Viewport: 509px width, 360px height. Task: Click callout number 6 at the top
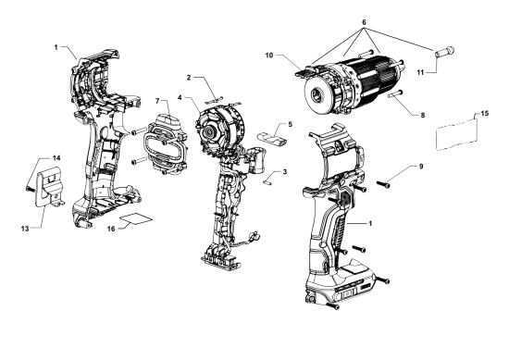click(364, 22)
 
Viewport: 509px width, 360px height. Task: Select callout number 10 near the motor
click(269, 56)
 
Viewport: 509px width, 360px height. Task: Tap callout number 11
click(420, 72)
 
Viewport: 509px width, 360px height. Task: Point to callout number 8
click(423, 115)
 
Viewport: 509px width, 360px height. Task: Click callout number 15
click(485, 113)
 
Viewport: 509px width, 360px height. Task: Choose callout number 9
click(421, 167)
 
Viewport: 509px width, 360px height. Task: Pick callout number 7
click(157, 101)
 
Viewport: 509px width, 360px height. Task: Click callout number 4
click(180, 97)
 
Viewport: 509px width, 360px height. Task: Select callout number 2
click(189, 77)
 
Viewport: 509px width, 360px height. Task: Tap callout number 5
click(291, 124)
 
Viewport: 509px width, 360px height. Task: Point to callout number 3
click(285, 171)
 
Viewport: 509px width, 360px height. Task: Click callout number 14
click(56, 157)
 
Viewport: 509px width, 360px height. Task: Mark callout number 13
click(25, 229)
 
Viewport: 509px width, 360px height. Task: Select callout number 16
click(111, 229)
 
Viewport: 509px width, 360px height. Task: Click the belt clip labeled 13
click(49, 187)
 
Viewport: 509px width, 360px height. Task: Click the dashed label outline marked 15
click(457, 135)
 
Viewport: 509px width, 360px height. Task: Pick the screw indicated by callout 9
click(383, 184)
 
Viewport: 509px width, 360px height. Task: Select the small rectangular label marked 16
click(136, 218)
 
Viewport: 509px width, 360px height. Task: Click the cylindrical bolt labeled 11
click(444, 52)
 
